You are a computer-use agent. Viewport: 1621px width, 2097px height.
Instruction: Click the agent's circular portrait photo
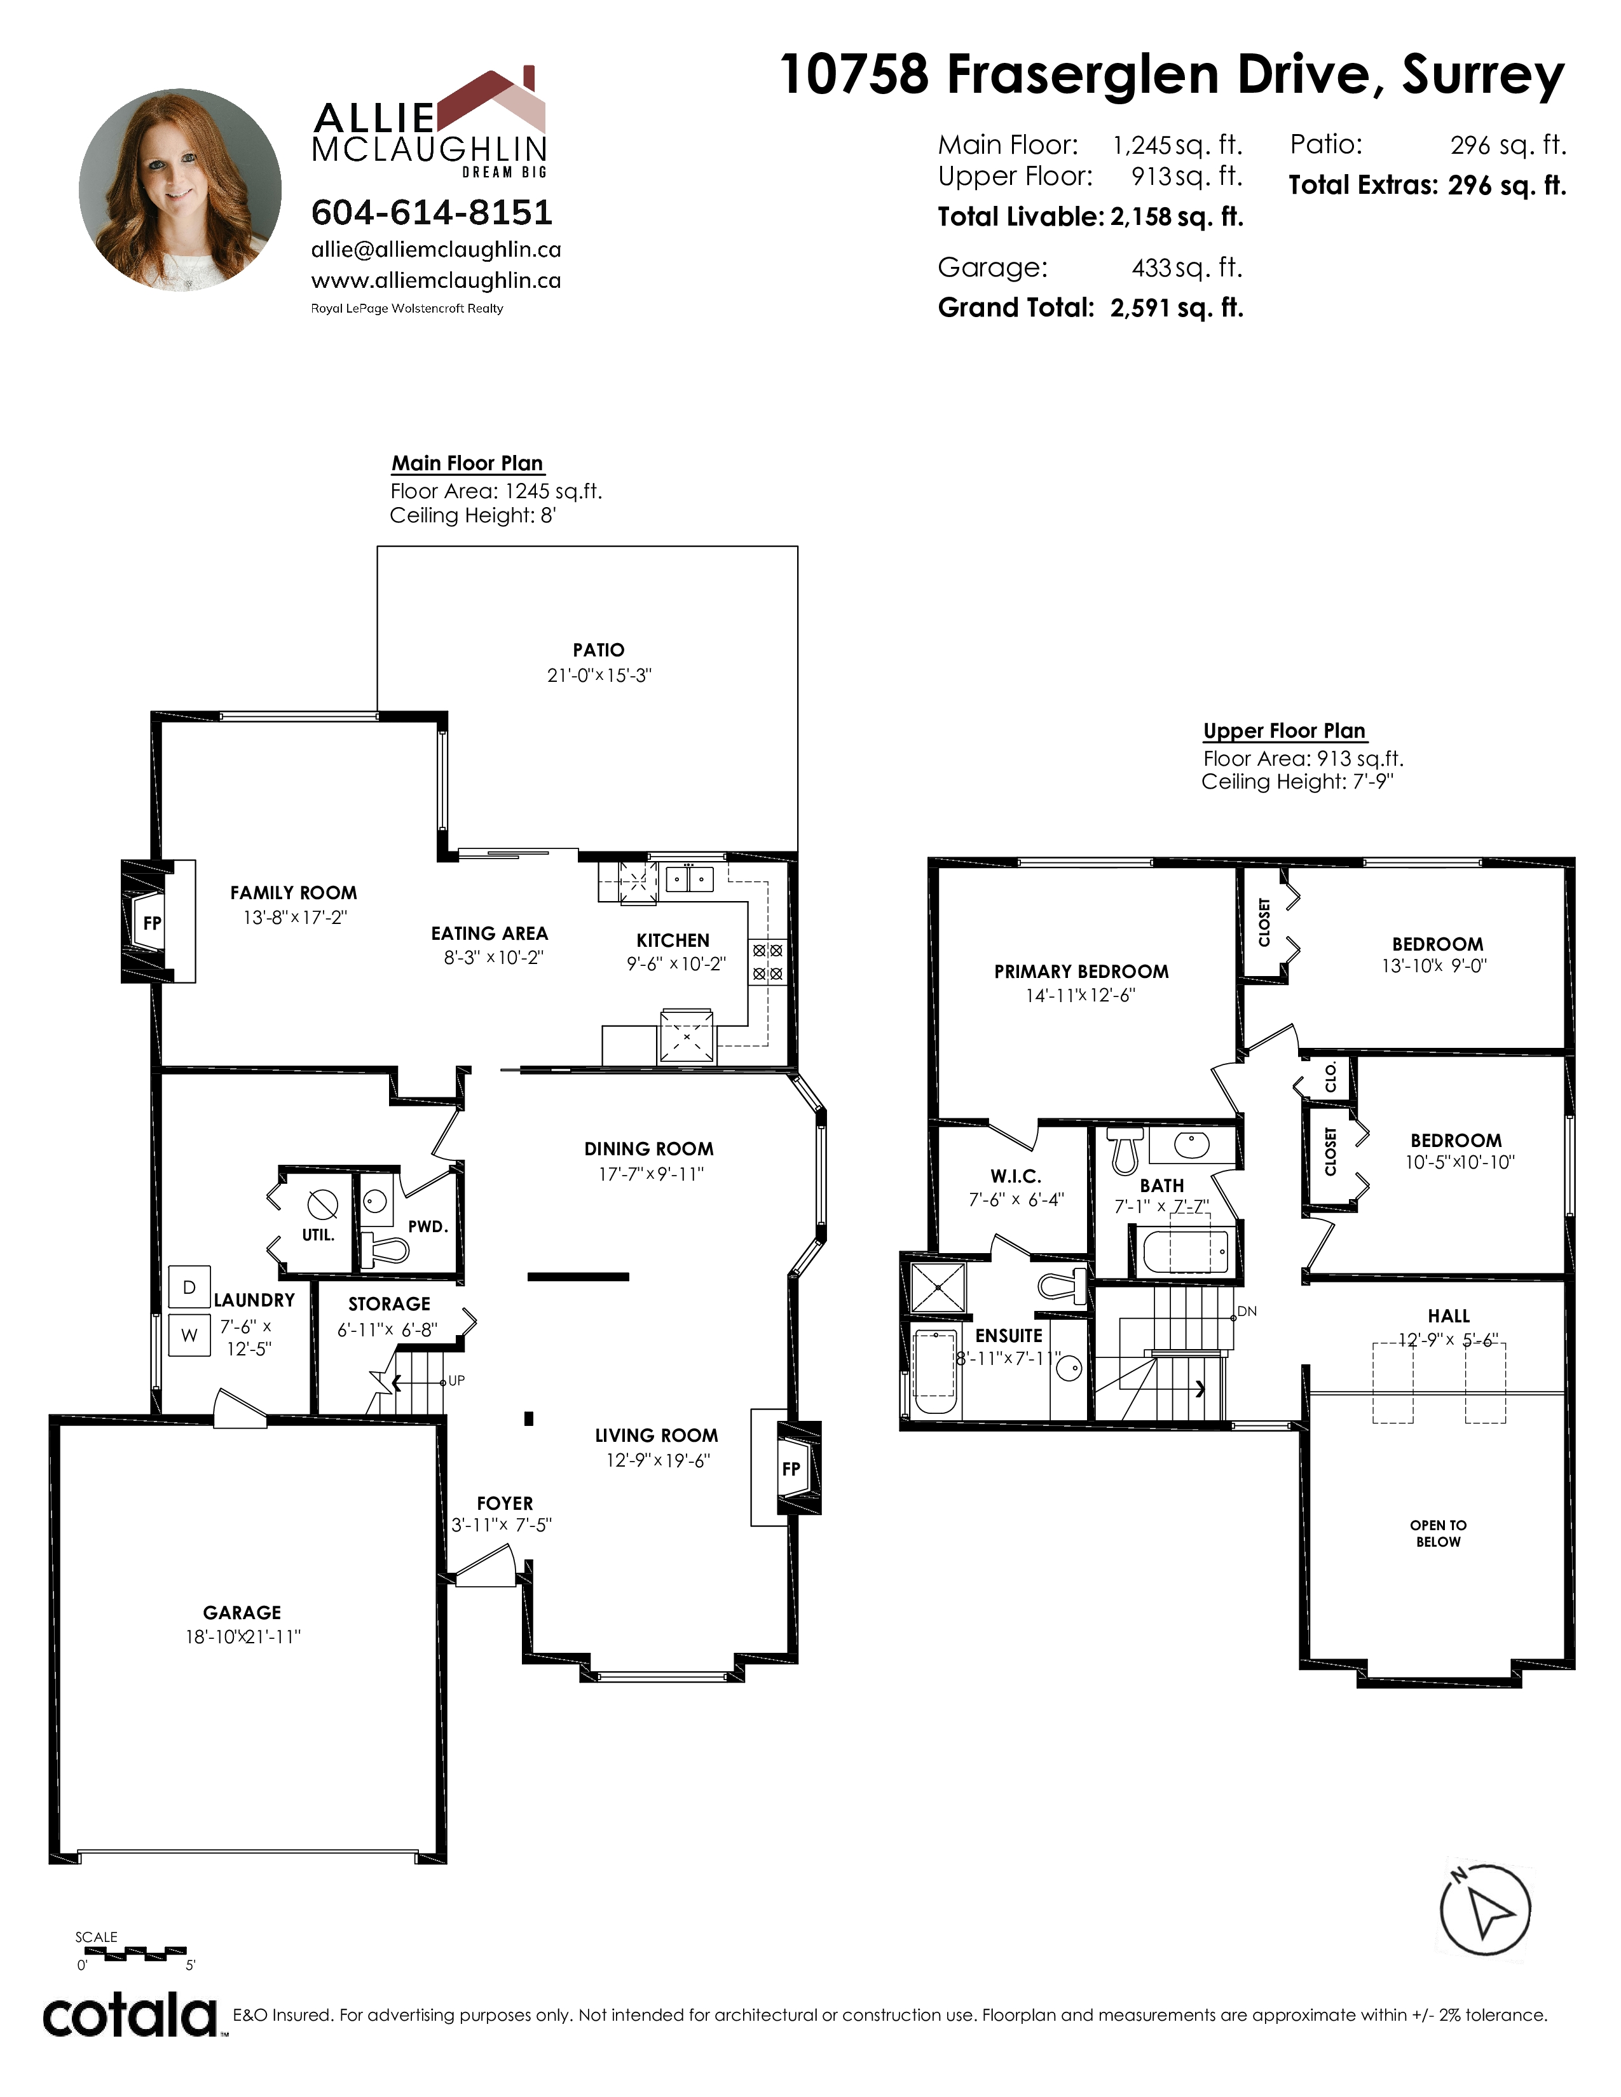(181, 190)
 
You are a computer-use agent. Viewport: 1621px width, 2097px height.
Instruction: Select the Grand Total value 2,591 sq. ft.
(1177, 308)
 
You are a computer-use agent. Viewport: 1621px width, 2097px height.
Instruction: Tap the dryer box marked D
(189, 1287)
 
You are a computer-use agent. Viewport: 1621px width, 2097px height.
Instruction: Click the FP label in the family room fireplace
(152, 923)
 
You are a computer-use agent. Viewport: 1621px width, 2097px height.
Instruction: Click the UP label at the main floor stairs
(456, 1381)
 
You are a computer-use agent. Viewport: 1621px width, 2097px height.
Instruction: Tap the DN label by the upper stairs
(1247, 1310)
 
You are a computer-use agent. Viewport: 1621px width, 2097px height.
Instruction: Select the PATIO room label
(598, 650)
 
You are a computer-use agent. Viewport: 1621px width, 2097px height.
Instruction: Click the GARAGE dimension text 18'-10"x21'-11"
(243, 1637)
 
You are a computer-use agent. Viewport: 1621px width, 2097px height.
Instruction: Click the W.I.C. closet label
(1016, 1176)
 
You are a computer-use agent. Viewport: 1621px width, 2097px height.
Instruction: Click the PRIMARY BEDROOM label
(1081, 972)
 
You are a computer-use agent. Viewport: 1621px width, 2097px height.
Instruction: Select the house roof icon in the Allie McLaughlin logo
(491, 101)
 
